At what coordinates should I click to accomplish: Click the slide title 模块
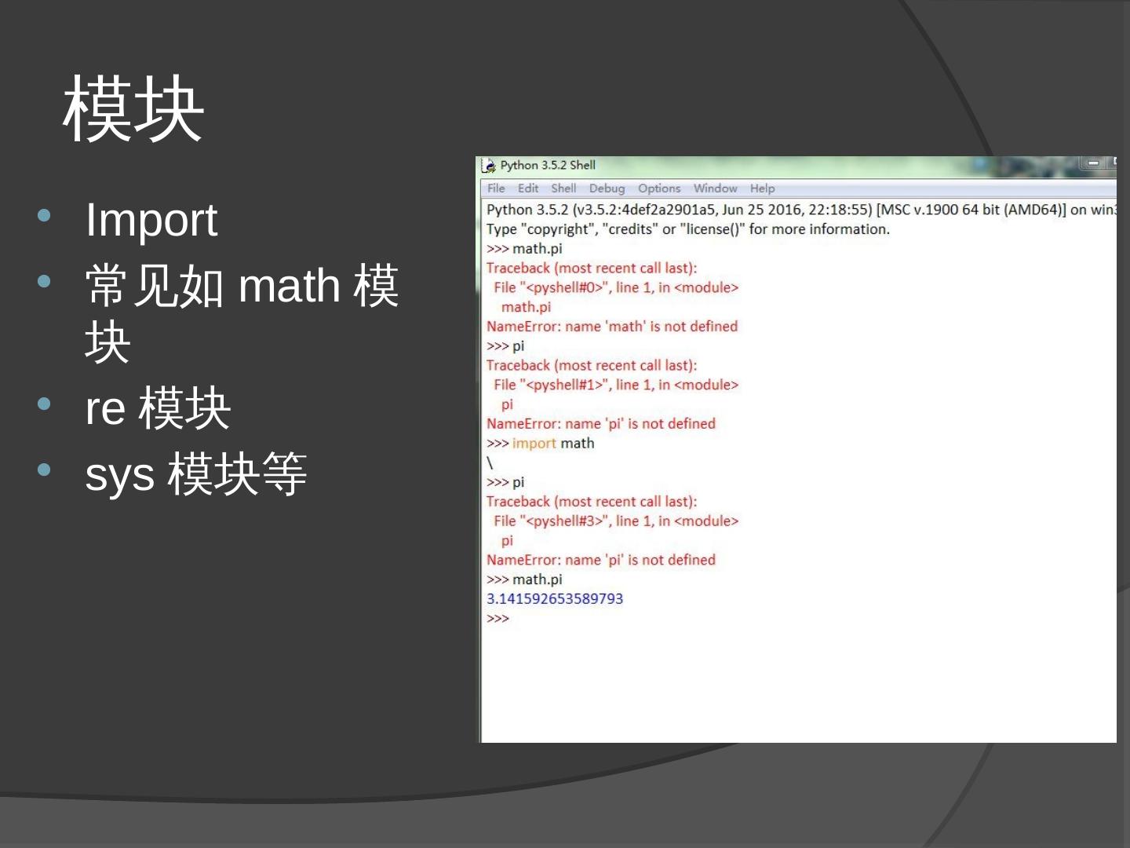(x=133, y=110)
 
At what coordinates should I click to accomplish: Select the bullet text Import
(x=151, y=220)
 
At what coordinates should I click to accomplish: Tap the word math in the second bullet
(x=289, y=286)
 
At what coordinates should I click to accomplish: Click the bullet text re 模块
(x=158, y=408)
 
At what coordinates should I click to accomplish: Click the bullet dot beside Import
(x=44, y=215)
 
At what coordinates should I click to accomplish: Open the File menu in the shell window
(x=496, y=188)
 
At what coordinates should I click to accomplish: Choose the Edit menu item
(x=528, y=188)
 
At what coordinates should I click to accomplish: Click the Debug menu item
(x=607, y=188)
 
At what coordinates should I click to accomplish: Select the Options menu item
(x=659, y=188)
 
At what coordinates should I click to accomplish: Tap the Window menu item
(x=715, y=188)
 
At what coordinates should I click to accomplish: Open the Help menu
(x=762, y=188)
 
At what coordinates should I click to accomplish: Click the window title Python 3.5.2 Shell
(x=548, y=165)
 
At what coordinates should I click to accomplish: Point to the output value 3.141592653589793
(x=555, y=599)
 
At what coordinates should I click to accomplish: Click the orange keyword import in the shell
(x=534, y=444)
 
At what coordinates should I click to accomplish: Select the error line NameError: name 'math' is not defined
(x=612, y=327)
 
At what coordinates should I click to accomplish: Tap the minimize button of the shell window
(x=1092, y=163)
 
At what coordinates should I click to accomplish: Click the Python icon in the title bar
(x=489, y=166)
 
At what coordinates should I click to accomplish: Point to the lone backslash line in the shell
(x=490, y=463)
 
